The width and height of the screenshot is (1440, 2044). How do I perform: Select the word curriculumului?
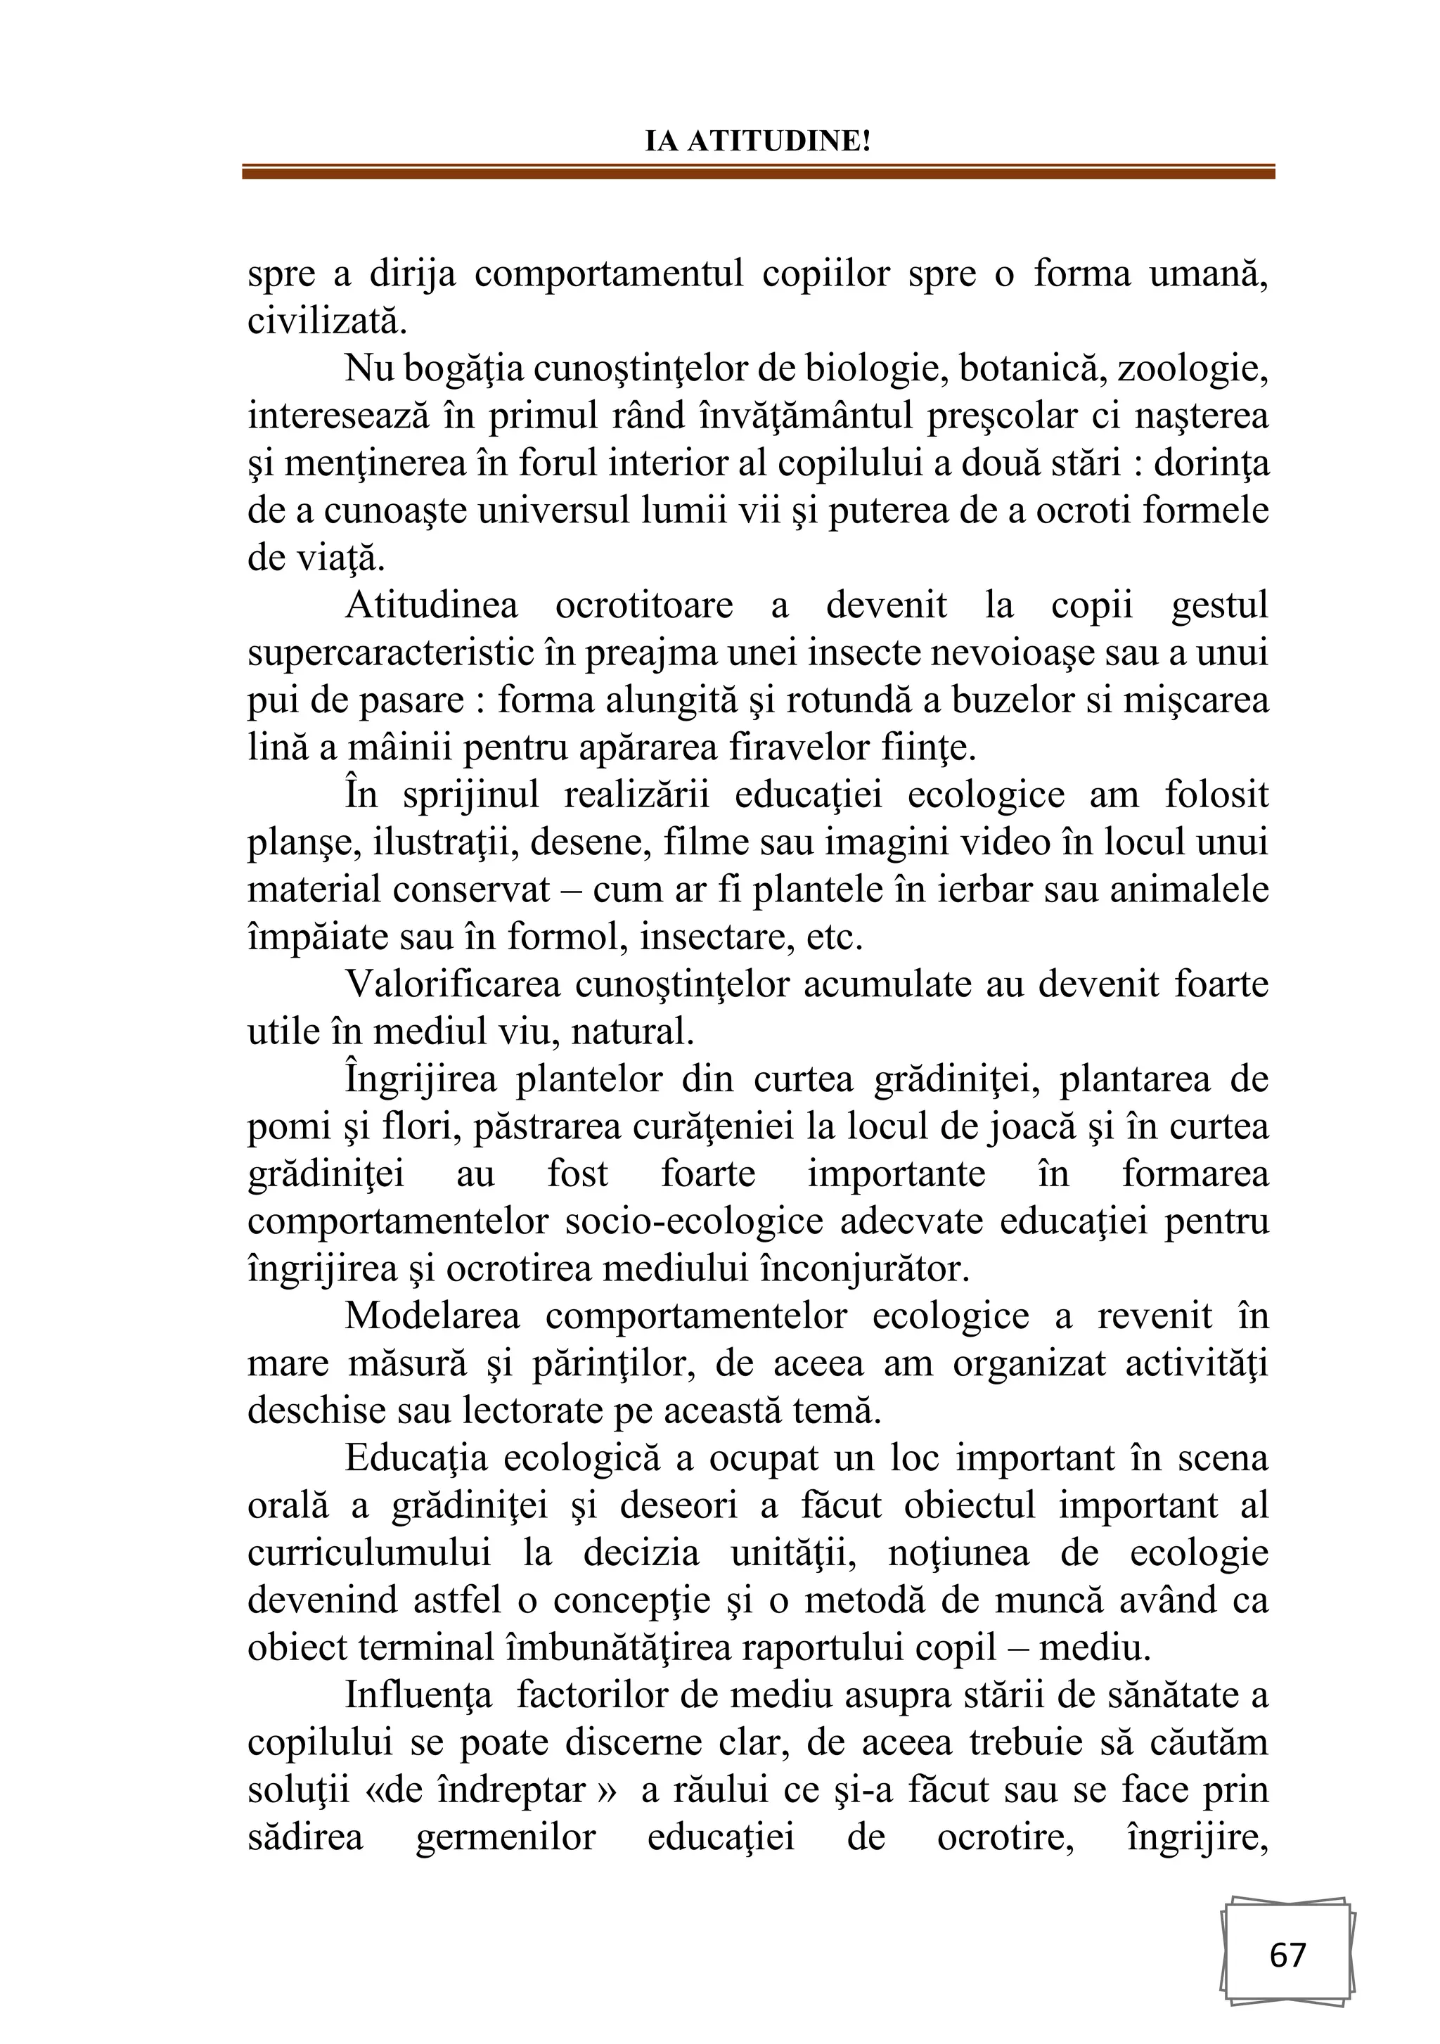click(368, 1553)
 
